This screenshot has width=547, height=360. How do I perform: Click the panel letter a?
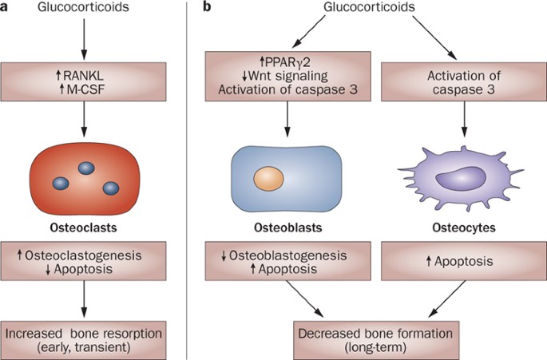[6, 7]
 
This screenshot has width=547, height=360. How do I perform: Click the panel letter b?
[209, 7]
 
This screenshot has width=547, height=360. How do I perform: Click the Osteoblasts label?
[276, 227]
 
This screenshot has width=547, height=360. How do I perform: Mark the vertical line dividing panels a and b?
[188, 180]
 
